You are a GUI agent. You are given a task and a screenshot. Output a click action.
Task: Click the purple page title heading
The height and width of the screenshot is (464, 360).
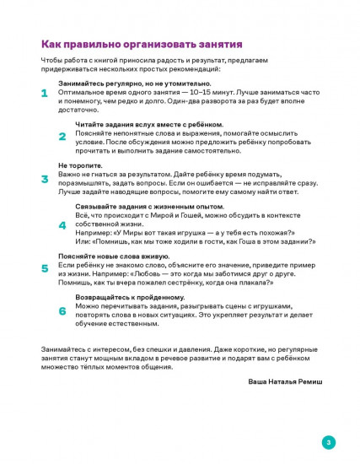(x=142, y=44)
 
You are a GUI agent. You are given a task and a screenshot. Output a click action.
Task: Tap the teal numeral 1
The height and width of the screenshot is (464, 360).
(x=44, y=94)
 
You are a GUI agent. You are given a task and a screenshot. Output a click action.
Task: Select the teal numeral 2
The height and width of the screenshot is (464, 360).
(x=62, y=136)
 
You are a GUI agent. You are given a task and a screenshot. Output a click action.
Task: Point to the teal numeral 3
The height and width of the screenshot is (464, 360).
(x=44, y=179)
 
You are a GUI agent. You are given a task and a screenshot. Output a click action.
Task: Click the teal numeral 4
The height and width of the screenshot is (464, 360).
(x=62, y=225)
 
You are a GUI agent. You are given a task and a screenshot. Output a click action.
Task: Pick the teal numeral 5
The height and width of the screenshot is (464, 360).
(x=44, y=268)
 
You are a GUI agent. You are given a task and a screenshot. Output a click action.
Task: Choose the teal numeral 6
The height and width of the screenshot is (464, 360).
(x=62, y=310)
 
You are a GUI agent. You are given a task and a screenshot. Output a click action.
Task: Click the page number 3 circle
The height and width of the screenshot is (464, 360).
(x=329, y=441)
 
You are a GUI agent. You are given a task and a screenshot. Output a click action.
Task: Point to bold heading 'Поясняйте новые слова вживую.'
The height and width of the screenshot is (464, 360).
(x=107, y=255)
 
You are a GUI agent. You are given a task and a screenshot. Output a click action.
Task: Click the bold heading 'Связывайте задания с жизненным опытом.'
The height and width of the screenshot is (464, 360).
(x=138, y=206)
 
